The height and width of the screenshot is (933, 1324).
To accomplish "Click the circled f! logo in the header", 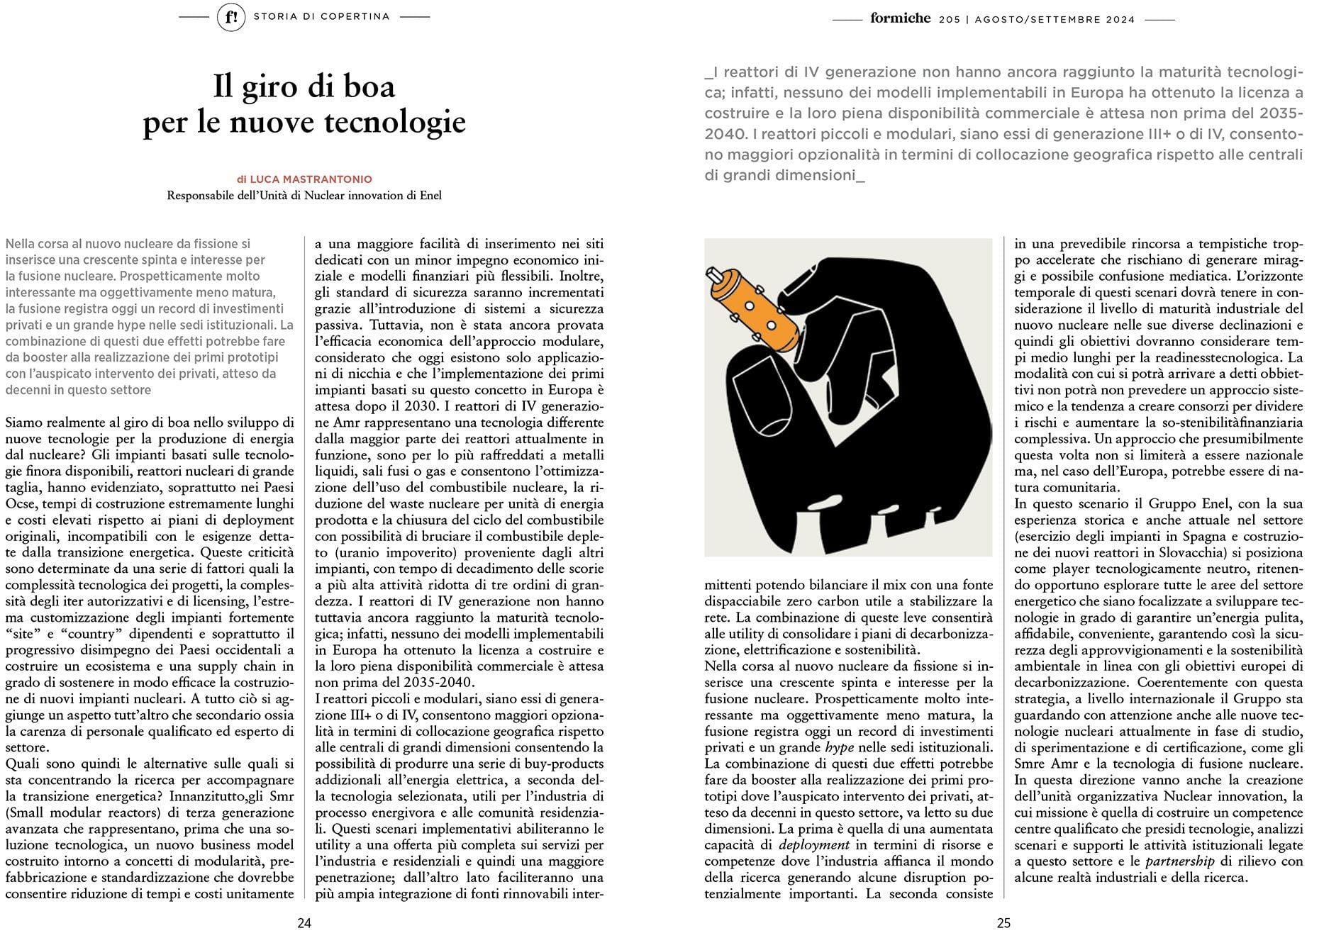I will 231,17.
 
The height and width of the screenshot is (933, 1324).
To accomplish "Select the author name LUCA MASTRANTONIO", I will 311,179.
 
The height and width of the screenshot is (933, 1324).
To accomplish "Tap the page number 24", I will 304,922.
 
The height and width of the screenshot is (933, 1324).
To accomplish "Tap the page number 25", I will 1003,922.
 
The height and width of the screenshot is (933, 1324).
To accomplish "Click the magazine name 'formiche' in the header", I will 900,18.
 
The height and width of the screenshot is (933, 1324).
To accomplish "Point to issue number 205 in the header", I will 950,20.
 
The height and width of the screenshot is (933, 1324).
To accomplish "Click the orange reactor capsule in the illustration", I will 754,308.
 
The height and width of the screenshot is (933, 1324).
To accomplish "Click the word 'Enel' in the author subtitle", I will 430,196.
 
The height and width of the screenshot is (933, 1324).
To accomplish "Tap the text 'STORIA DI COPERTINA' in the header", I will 321,17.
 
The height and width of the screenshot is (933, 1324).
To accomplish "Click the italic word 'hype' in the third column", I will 839,747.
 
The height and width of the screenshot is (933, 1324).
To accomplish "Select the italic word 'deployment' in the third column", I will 814,844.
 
